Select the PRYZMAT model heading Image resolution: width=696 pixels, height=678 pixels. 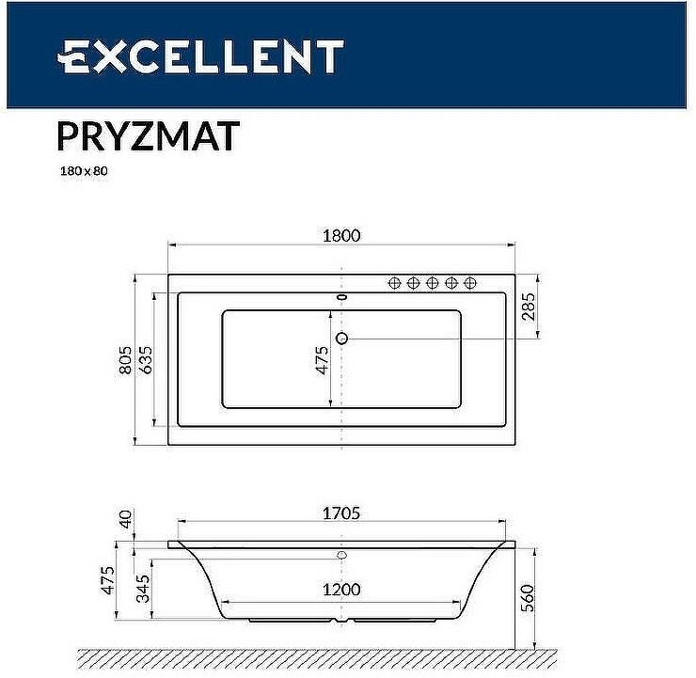pos(148,135)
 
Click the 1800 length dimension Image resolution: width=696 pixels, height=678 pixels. pos(340,236)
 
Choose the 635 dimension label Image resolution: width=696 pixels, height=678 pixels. pos(146,360)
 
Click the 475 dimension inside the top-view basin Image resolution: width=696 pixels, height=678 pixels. pos(321,360)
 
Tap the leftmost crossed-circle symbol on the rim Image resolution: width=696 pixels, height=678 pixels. pos(395,282)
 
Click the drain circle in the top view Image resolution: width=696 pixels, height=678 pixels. pos(342,339)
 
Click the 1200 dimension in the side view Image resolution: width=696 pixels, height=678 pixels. pos(340,590)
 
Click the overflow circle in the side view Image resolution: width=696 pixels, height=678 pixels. pos(341,555)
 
